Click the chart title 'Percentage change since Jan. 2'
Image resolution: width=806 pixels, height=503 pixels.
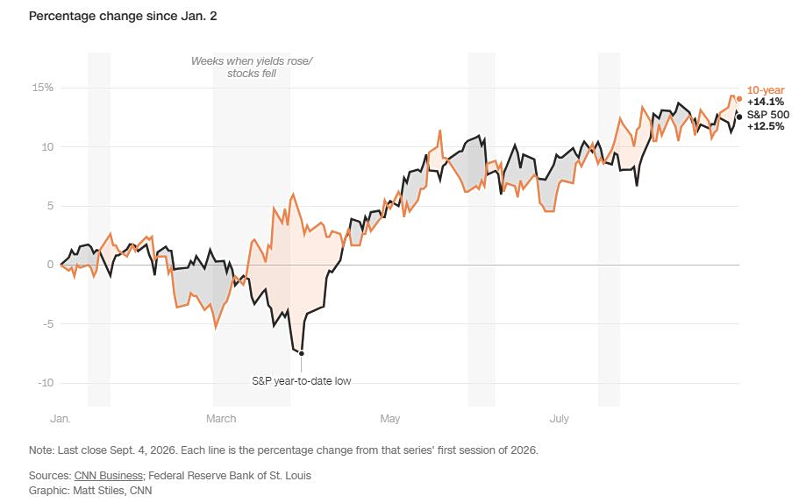(x=123, y=17)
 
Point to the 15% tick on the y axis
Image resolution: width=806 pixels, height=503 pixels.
(x=43, y=88)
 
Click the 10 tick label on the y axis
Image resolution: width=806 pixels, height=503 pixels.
(x=47, y=147)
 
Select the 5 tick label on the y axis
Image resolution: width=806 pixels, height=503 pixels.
(x=50, y=206)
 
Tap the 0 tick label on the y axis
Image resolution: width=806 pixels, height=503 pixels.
(x=50, y=265)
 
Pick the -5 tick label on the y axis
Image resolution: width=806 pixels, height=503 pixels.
(x=48, y=324)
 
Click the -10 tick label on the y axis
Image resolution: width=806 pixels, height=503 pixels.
(x=46, y=383)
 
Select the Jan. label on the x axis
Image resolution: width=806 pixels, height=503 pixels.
(x=61, y=419)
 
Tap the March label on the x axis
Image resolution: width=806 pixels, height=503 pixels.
(x=221, y=419)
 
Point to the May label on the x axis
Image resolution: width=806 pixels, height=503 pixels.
(x=390, y=419)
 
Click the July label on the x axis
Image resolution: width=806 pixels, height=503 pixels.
(x=560, y=419)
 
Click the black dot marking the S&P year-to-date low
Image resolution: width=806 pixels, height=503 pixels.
(x=301, y=353)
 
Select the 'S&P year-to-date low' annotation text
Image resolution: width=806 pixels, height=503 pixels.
(x=301, y=381)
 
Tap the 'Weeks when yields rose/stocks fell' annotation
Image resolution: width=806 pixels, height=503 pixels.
(x=252, y=67)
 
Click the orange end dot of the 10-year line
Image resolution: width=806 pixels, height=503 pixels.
(x=739, y=99)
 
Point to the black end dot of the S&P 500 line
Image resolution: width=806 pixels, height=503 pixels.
(x=739, y=117)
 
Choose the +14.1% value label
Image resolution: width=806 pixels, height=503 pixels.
(x=766, y=102)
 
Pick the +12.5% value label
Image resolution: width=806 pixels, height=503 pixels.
(x=766, y=126)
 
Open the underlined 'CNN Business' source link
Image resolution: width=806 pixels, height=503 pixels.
(x=109, y=476)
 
